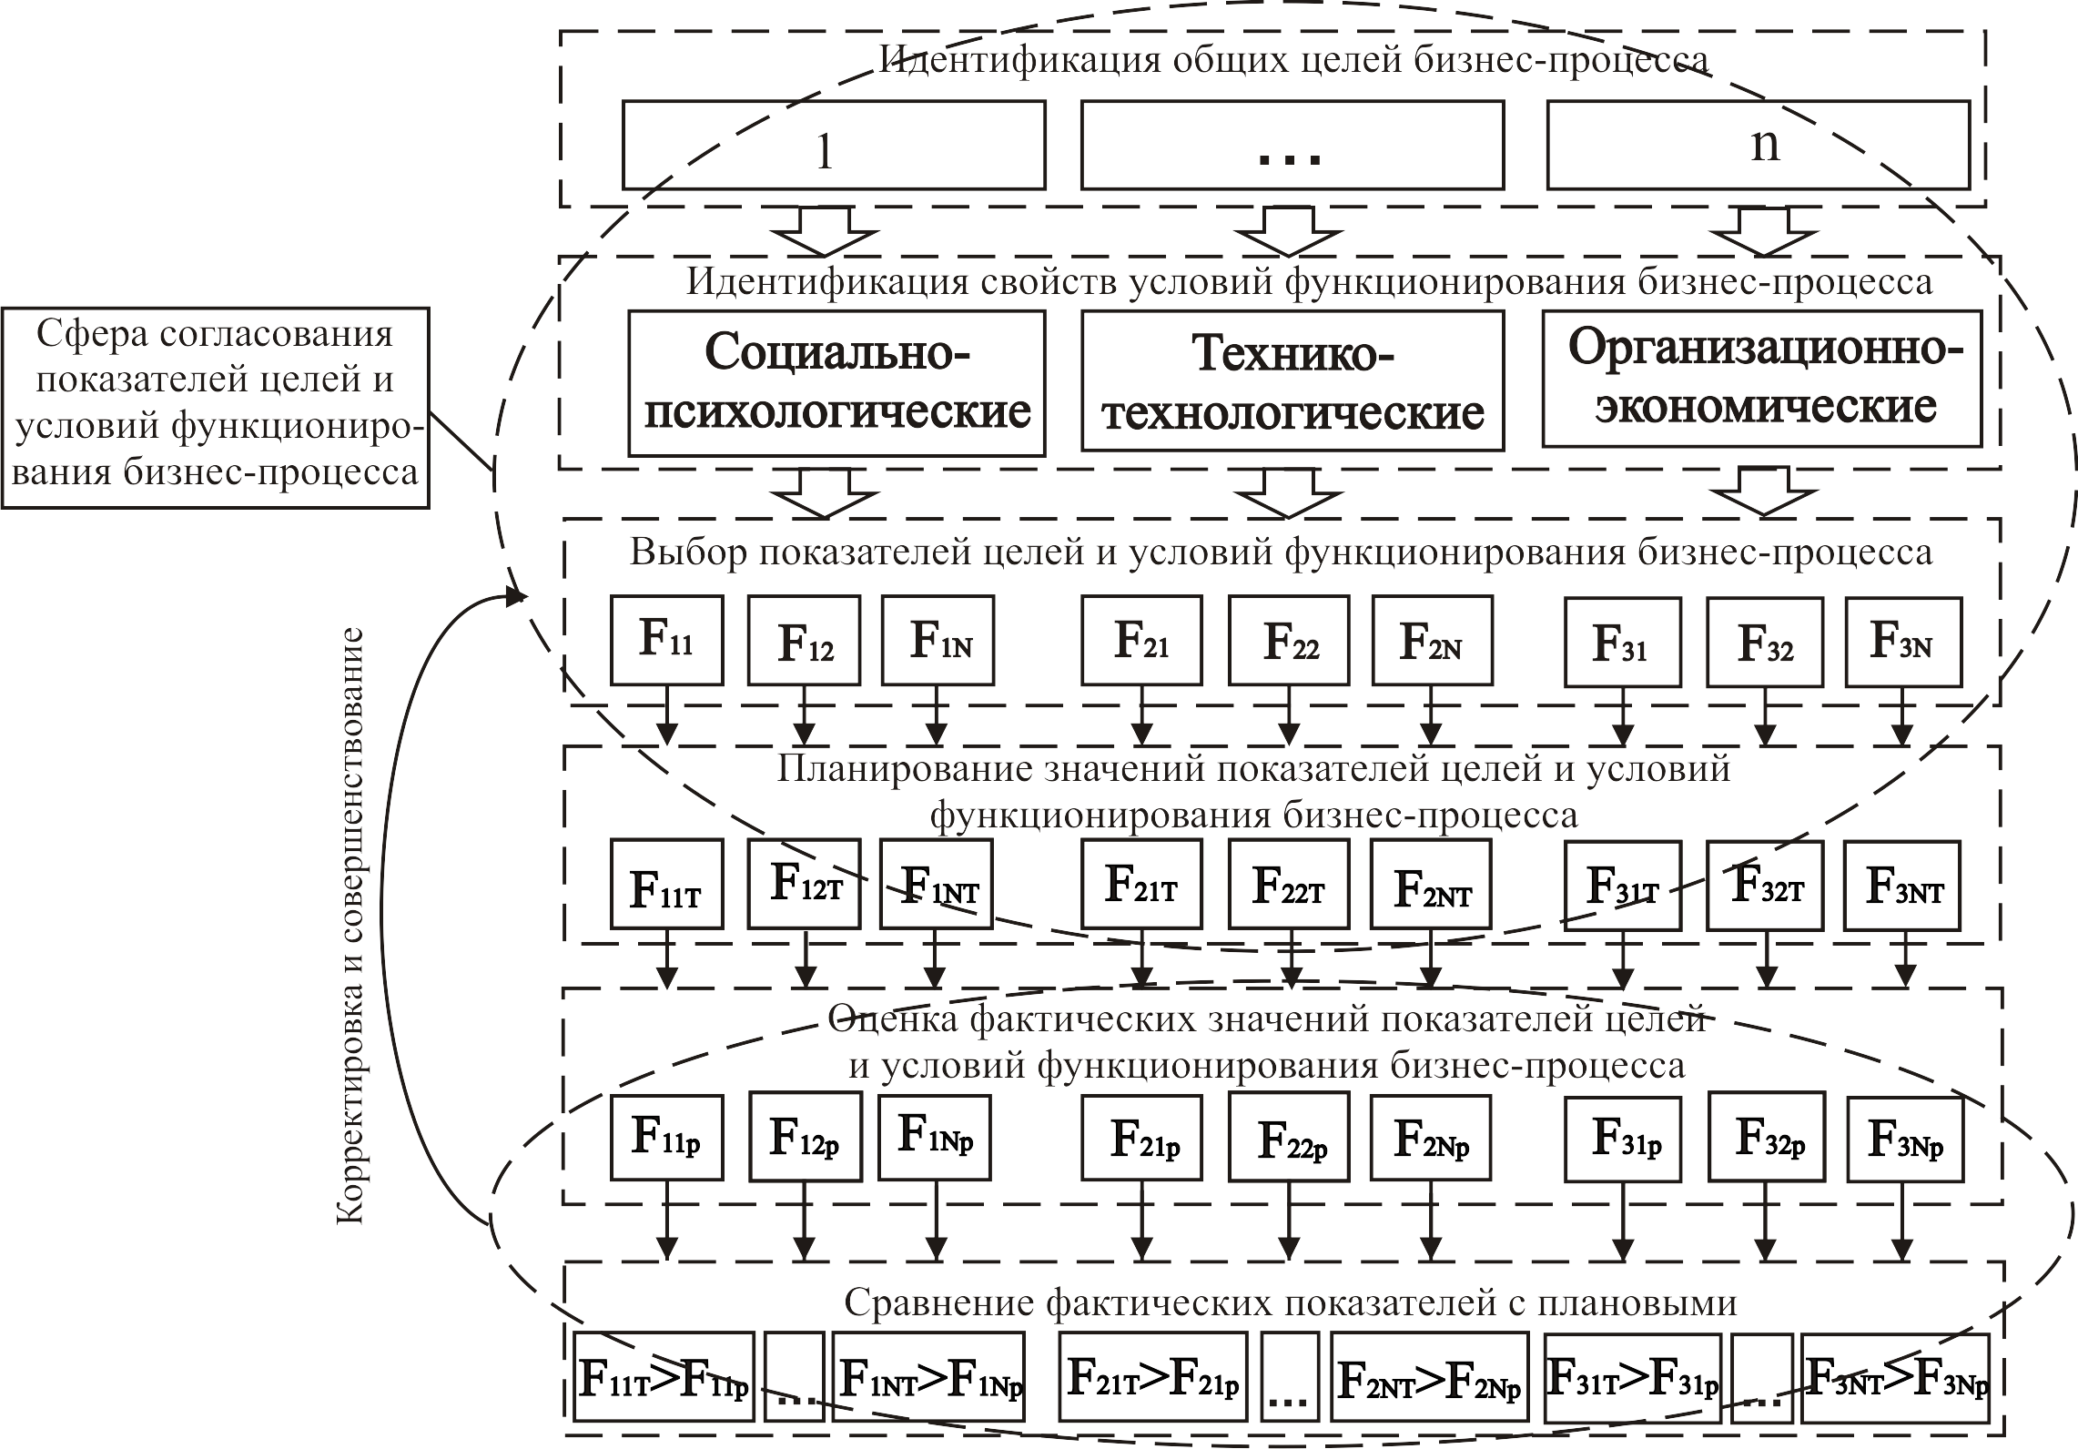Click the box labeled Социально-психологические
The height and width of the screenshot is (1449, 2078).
pos(836,383)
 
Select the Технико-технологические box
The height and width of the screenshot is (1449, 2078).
pos(1292,380)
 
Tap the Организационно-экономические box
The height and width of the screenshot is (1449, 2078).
pos(1762,379)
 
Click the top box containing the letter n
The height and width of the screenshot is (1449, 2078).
pos(1759,146)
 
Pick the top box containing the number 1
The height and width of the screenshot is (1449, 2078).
pos(834,146)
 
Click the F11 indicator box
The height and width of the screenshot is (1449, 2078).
pos(667,641)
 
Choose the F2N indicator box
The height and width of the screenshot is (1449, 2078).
pos(1433,641)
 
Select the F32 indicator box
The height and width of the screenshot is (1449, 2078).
pos(1765,641)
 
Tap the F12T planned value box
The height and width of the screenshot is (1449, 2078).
pos(803,884)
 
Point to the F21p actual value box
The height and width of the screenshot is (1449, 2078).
pos(1142,1139)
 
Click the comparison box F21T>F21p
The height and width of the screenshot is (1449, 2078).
pos(1153,1377)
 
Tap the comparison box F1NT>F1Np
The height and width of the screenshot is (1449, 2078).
pos(929,1377)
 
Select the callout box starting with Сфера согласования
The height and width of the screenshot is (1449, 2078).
pos(216,406)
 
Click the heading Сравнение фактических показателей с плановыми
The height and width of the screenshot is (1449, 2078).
pos(1291,1303)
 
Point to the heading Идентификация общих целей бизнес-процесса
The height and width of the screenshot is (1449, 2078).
pos(1293,59)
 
